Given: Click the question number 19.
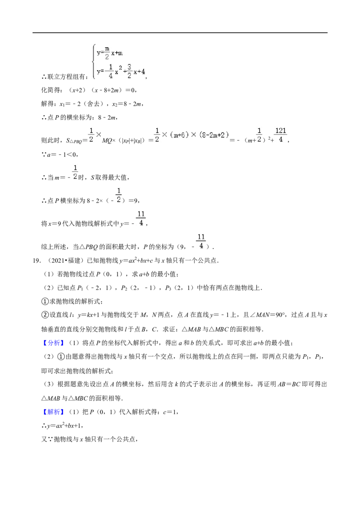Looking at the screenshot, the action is (x=36, y=261).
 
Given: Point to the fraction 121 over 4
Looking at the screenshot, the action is (x=281, y=135).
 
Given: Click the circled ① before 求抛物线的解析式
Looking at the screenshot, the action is (x=45, y=302).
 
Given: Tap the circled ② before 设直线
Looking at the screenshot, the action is (x=45, y=315).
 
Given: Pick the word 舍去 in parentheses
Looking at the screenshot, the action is (x=93, y=104).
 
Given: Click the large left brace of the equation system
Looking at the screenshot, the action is (x=94, y=62).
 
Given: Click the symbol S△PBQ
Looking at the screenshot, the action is (x=74, y=141).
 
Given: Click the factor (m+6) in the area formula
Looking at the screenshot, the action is (x=180, y=135).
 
